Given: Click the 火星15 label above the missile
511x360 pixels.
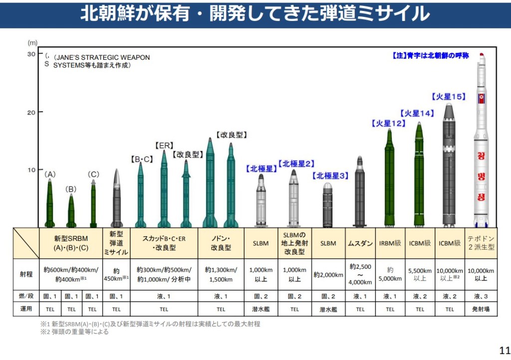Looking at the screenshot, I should point(449,97).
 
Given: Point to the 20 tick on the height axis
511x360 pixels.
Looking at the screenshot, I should point(31,112).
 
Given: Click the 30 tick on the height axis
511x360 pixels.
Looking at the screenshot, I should point(31,54).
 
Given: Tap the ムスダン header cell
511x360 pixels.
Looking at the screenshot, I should point(360,243).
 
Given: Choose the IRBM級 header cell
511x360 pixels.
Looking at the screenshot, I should point(390,243).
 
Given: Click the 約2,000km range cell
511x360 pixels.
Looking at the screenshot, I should point(328,275).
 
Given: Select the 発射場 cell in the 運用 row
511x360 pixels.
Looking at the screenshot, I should point(481,309).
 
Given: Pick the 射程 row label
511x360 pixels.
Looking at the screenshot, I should point(26,275).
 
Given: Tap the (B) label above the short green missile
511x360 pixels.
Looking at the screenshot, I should point(71,189).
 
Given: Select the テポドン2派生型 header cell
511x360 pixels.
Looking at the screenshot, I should point(481,243).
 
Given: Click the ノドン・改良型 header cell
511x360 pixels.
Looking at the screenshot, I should point(221,243).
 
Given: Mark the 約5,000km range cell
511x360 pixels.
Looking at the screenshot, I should point(390,275).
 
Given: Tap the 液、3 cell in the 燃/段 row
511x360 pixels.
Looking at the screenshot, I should point(481,296).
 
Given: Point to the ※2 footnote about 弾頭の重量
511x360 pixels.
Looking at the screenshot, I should point(75,332).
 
